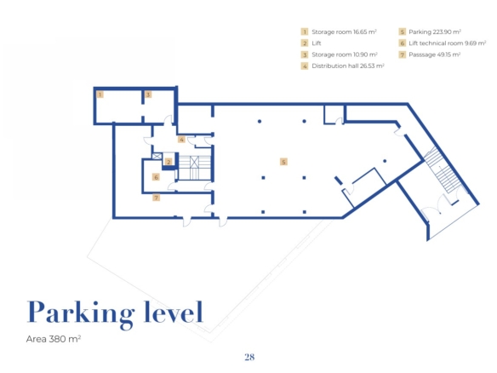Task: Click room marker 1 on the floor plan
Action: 100,95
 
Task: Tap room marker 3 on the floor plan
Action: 148,95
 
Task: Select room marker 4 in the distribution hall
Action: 181,140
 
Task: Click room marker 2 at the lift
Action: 169,162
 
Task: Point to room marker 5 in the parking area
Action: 283,162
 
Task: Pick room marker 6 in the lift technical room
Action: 156,177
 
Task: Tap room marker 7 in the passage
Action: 156,198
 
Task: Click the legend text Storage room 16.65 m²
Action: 344,32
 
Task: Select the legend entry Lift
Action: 317,43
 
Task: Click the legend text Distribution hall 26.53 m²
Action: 348,66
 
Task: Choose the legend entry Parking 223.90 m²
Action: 435,32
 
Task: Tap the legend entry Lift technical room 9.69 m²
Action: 448,43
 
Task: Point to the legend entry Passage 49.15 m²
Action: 434,55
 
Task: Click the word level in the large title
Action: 174,312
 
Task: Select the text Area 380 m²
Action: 54,339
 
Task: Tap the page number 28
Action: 249,357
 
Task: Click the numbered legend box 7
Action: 403,55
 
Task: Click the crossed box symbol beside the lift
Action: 157,157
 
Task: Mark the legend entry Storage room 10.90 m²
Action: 345,55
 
